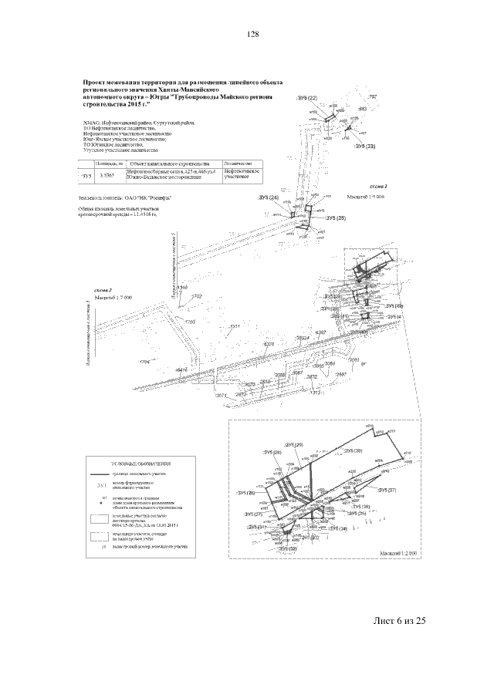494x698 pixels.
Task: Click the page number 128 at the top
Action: [252, 35]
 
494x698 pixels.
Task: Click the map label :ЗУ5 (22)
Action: [306, 99]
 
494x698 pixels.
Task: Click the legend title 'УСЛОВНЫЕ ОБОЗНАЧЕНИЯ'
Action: [127, 464]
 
